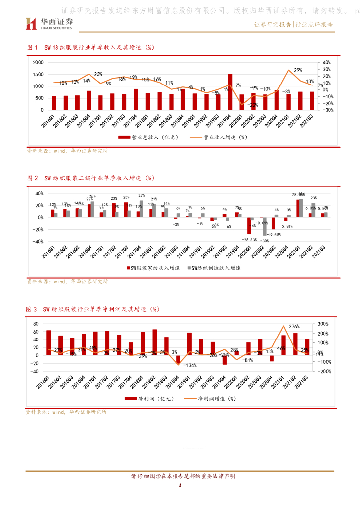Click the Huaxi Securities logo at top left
click(50, 23)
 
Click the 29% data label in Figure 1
click(298, 70)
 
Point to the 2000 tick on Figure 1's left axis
click(38, 62)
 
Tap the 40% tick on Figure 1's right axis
click(327, 62)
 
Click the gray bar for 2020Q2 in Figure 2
click(264, 226)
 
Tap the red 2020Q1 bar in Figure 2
click(249, 226)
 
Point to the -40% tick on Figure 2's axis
click(37, 241)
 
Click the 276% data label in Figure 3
click(294, 327)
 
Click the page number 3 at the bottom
click(180, 493)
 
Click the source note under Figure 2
click(67, 281)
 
